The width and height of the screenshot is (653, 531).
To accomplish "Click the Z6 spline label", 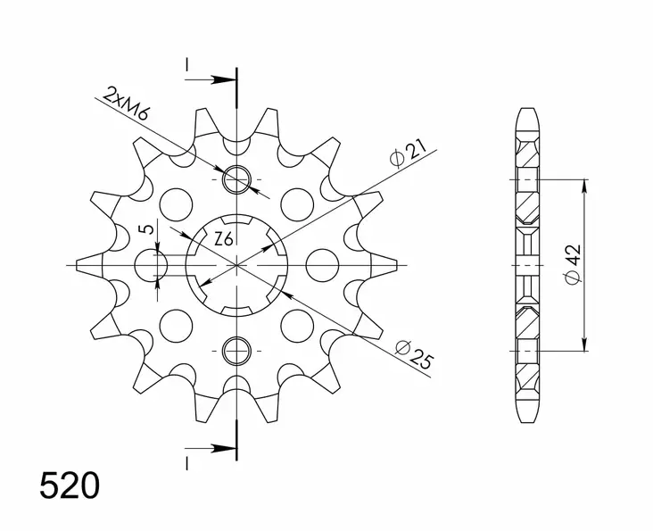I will tap(225, 238).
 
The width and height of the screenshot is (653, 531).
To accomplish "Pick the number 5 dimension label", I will tap(150, 229).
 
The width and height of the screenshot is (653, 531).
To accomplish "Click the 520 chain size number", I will tap(69, 486).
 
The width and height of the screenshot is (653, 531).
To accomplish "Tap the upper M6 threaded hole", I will tap(237, 179).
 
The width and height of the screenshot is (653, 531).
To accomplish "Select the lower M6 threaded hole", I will tap(237, 351).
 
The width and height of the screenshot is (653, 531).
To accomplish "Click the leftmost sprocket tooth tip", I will tap(79, 265).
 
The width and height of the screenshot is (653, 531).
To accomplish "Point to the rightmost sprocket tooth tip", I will tap(395, 265).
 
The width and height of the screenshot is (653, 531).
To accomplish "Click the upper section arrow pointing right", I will tap(219, 80).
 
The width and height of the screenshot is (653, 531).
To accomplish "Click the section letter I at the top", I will tap(186, 64).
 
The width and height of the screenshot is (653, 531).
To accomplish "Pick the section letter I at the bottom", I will tap(186, 462).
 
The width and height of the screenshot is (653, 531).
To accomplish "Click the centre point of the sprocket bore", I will tap(237, 265).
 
